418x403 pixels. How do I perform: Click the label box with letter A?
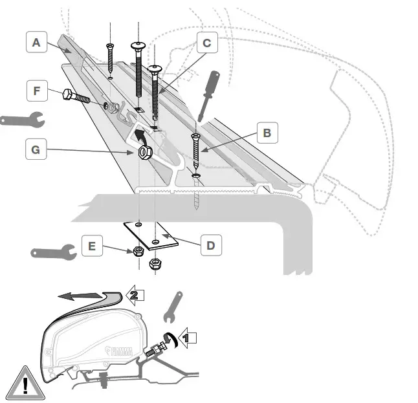point(37,43)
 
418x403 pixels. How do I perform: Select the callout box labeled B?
point(267,134)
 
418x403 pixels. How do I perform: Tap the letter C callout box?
point(206,43)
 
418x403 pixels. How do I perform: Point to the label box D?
point(211,246)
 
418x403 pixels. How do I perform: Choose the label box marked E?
point(92,246)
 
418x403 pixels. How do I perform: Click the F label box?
point(37,90)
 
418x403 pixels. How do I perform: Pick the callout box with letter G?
point(37,150)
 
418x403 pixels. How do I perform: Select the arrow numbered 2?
point(133,295)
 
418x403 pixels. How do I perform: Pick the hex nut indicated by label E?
point(138,252)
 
